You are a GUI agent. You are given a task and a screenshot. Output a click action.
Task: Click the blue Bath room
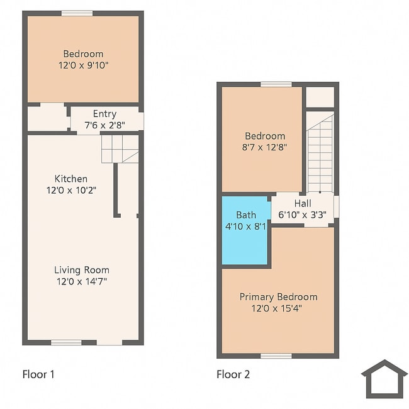(245, 232)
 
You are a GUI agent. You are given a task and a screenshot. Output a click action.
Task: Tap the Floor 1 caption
(38, 374)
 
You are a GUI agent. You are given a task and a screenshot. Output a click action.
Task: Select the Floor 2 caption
(233, 374)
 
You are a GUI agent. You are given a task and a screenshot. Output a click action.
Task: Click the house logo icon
(384, 379)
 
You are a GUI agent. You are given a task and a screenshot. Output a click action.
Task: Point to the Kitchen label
(70, 179)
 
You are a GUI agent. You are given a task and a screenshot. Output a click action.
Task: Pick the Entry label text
(104, 114)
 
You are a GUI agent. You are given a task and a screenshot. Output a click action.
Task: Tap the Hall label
(303, 203)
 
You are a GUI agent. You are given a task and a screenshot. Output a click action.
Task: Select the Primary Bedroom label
(278, 297)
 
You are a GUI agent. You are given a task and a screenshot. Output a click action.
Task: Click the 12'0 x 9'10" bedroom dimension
(83, 65)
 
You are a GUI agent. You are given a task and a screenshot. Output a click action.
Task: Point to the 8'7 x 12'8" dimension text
(265, 147)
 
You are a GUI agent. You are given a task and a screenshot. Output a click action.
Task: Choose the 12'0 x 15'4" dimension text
(278, 308)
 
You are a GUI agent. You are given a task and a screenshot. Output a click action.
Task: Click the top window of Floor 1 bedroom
(77, 13)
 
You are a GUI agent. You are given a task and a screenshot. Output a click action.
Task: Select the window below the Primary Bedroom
(276, 356)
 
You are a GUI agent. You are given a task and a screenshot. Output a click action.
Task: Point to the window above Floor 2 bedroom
(276, 84)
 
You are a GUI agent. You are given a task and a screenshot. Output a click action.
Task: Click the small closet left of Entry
(47, 118)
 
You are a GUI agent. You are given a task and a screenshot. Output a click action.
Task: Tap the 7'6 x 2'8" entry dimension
(104, 125)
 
